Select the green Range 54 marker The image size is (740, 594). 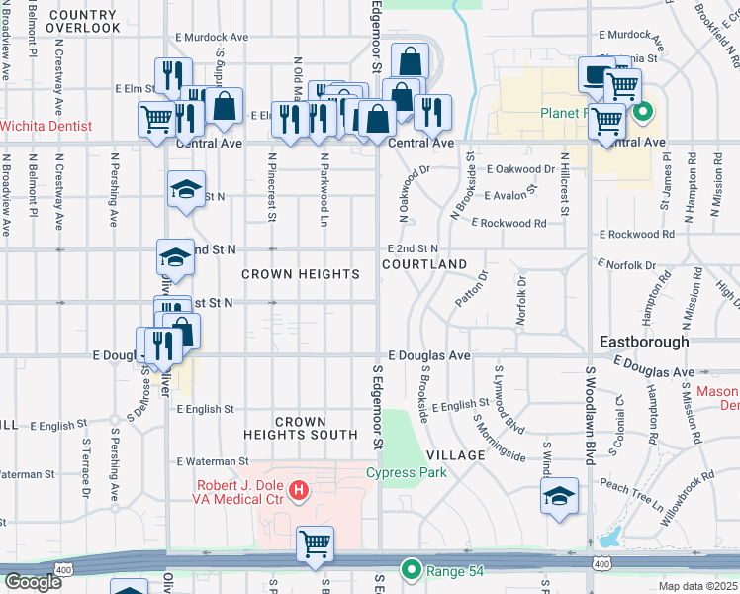pos(411,569)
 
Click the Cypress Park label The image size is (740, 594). pos(406,472)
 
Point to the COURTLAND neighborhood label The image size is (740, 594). pos(424,265)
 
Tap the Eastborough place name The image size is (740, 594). pos(644,342)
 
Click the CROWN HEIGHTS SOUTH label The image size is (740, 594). pos(302,428)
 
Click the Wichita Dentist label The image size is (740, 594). pos(46,126)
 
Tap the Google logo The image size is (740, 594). pos(33,582)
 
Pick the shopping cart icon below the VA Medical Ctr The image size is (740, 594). pos(315,543)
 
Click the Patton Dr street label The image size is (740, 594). pos(471,289)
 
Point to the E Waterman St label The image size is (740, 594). pos(213,461)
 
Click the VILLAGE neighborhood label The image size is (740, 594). pos(456,455)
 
